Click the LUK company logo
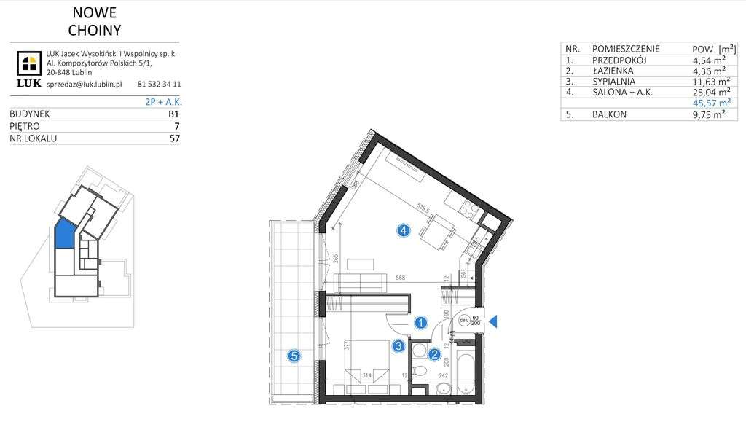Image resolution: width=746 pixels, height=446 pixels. [x=30, y=67]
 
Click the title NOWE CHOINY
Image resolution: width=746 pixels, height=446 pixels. [x=94, y=21]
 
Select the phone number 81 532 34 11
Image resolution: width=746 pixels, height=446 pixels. [x=159, y=85]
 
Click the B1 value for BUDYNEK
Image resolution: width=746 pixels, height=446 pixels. [x=173, y=114]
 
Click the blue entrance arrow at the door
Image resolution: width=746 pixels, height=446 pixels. [x=493, y=321]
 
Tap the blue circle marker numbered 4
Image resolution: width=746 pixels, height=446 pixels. [x=404, y=231]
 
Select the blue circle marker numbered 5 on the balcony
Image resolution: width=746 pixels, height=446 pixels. [x=294, y=356]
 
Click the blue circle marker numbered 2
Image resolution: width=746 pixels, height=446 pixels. [x=434, y=356]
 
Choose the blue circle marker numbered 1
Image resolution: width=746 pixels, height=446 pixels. [x=420, y=321]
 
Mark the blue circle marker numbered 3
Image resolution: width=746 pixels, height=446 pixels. [x=398, y=347]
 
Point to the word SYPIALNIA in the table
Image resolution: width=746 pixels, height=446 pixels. [x=616, y=82]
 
